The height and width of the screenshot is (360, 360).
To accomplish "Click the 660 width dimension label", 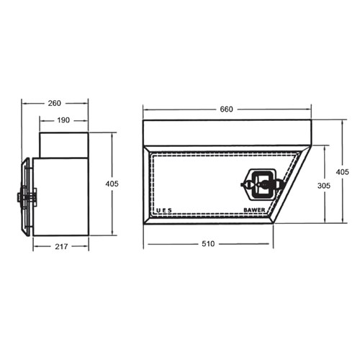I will pyautogui.click(x=226, y=109).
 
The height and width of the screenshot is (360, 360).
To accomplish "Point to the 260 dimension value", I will pyautogui.click(x=55, y=103).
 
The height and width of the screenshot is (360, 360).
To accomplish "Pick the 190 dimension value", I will pyautogui.click(x=63, y=120).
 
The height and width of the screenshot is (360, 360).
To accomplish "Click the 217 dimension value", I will pyautogui.click(x=60, y=247).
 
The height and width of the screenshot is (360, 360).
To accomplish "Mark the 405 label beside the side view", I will pyautogui.click(x=112, y=184).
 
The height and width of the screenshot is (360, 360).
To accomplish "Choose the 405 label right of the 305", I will pyautogui.click(x=342, y=171).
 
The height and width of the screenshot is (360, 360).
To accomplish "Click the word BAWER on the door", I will pyautogui.click(x=254, y=211).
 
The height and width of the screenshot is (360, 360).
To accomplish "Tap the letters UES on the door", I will pyautogui.click(x=164, y=211).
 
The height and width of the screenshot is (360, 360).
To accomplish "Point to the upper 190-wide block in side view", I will pyautogui.click(x=63, y=144).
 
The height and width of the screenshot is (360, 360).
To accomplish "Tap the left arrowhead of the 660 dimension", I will pyautogui.click(x=145, y=109).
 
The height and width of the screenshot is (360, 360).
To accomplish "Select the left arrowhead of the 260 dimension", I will pyautogui.click(x=24, y=103).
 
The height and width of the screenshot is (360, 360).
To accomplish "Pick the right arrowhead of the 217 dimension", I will pyautogui.click(x=86, y=247).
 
